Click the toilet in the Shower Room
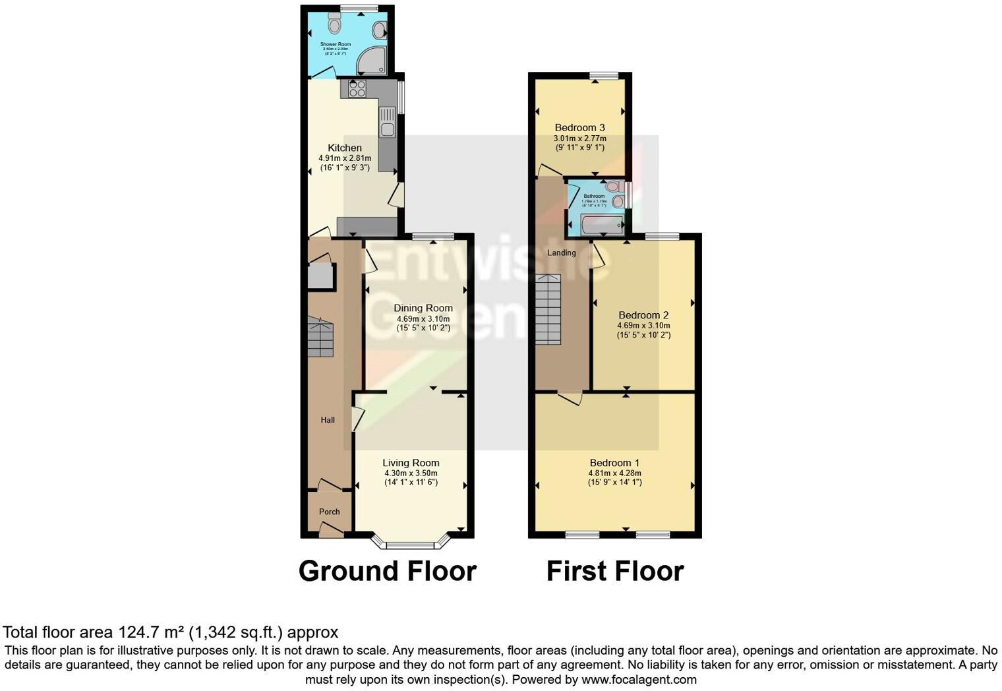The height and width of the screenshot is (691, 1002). point(335,25)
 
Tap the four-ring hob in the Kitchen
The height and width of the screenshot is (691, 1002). point(357,88)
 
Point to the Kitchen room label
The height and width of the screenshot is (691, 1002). point(345,148)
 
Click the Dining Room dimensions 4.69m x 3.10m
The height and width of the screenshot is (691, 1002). point(423,318)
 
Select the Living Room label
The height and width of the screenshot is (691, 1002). point(411,463)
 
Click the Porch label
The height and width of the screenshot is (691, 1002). point(330,512)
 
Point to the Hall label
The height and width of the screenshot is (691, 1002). point(328,420)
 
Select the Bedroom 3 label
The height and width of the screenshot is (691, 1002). point(579,128)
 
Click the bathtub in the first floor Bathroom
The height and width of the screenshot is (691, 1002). point(602,224)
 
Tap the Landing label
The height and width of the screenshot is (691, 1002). point(562,253)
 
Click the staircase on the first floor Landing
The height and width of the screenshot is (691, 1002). point(548,309)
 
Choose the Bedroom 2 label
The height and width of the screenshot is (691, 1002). point(643,315)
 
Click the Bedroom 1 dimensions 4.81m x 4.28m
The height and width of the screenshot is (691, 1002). point(614,473)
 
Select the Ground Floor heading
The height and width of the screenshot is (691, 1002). point(387,571)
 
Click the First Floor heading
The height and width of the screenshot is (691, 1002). point(614,571)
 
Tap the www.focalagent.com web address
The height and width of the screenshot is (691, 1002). point(639,679)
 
